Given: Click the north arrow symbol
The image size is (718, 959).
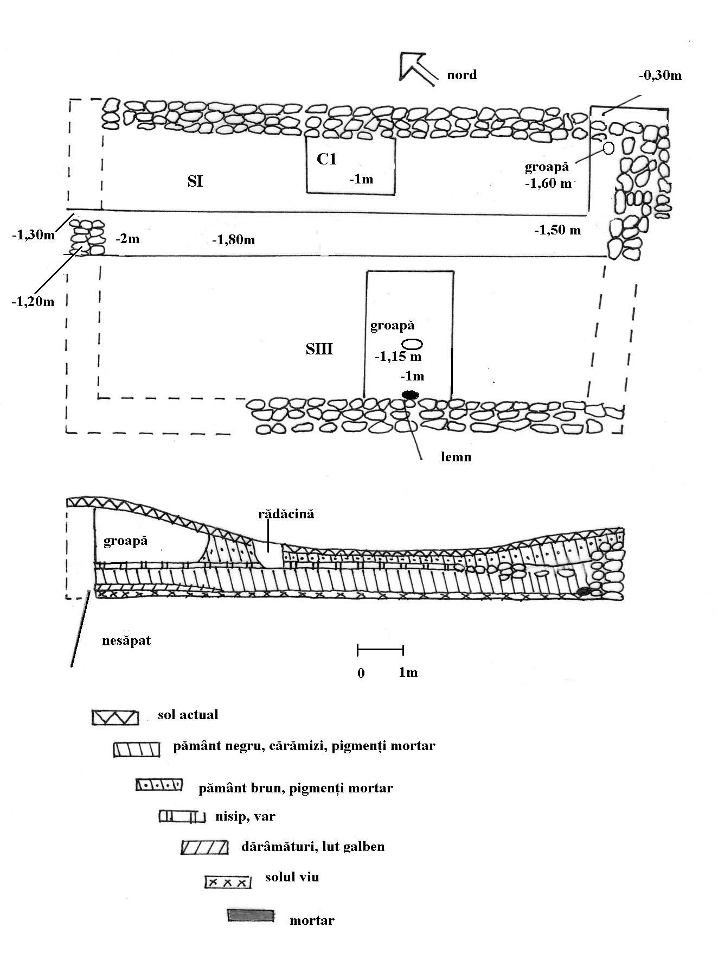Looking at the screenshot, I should click(416, 68).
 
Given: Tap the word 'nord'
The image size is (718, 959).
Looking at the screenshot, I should click(461, 74).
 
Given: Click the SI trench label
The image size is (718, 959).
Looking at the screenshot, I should click(195, 181).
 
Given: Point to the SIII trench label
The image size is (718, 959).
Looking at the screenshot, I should click(319, 349).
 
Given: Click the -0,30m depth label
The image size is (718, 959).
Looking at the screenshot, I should click(659, 75).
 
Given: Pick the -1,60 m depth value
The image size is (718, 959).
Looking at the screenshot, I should click(548, 183).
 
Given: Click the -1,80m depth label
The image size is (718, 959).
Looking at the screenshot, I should click(233, 239).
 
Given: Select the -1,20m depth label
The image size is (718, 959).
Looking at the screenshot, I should click(33, 302).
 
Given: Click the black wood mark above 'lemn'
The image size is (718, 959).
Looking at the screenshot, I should click(410, 395).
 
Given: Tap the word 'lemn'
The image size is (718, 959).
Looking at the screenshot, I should click(456, 457).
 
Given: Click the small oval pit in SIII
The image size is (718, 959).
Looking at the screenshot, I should click(412, 344).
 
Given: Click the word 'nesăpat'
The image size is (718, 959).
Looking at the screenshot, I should click(126, 640).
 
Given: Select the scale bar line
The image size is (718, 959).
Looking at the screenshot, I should click(380, 649).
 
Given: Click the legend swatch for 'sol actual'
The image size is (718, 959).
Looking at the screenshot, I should click(115, 717).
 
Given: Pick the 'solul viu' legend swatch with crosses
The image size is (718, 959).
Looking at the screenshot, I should click(228, 882).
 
